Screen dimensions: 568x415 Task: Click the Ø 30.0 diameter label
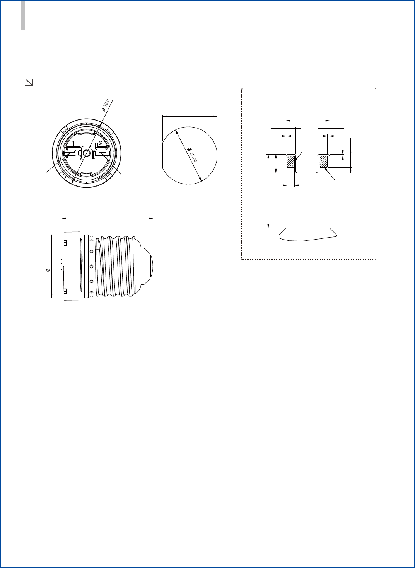tap(106, 105)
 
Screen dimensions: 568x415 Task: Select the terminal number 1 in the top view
tap(73, 144)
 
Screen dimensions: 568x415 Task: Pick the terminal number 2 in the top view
tap(100, 144)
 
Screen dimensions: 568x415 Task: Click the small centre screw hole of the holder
tap(87, 154)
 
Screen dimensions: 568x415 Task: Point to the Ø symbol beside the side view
tap(48, 269)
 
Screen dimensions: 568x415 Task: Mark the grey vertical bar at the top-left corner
tap(23, 15)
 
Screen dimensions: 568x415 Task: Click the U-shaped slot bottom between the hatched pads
tap(307, 172)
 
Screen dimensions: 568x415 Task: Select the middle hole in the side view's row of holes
tap(91, 266)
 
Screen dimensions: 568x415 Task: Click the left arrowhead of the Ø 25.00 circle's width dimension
tap(164, 116)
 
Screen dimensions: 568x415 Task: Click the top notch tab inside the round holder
tap(87, 133)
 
